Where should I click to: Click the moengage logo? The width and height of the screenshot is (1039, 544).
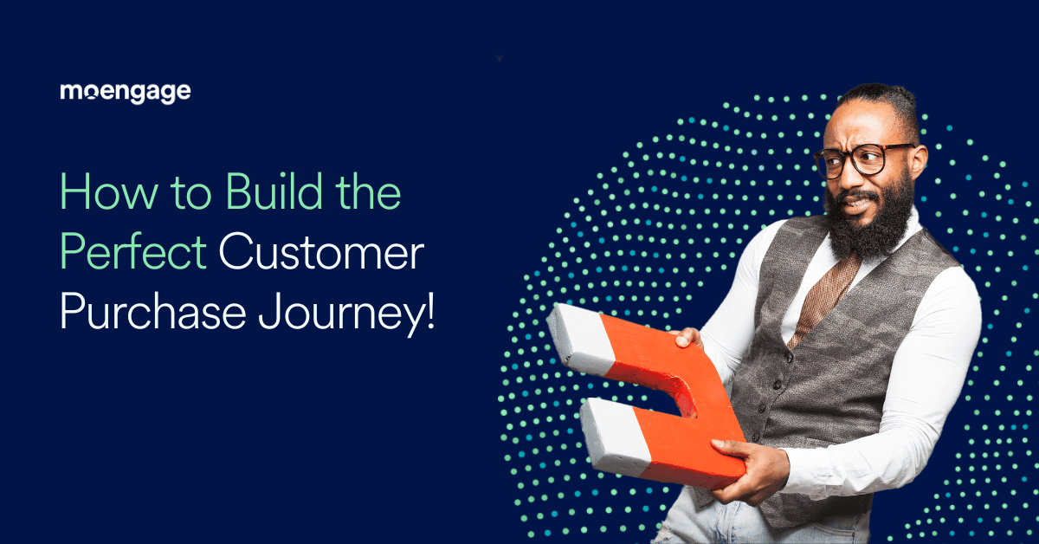click(x=125, y=92)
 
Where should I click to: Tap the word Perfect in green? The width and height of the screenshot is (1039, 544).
click(x=132, y=255)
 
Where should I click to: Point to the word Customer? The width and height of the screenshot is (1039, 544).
click(x=320, y=255)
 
